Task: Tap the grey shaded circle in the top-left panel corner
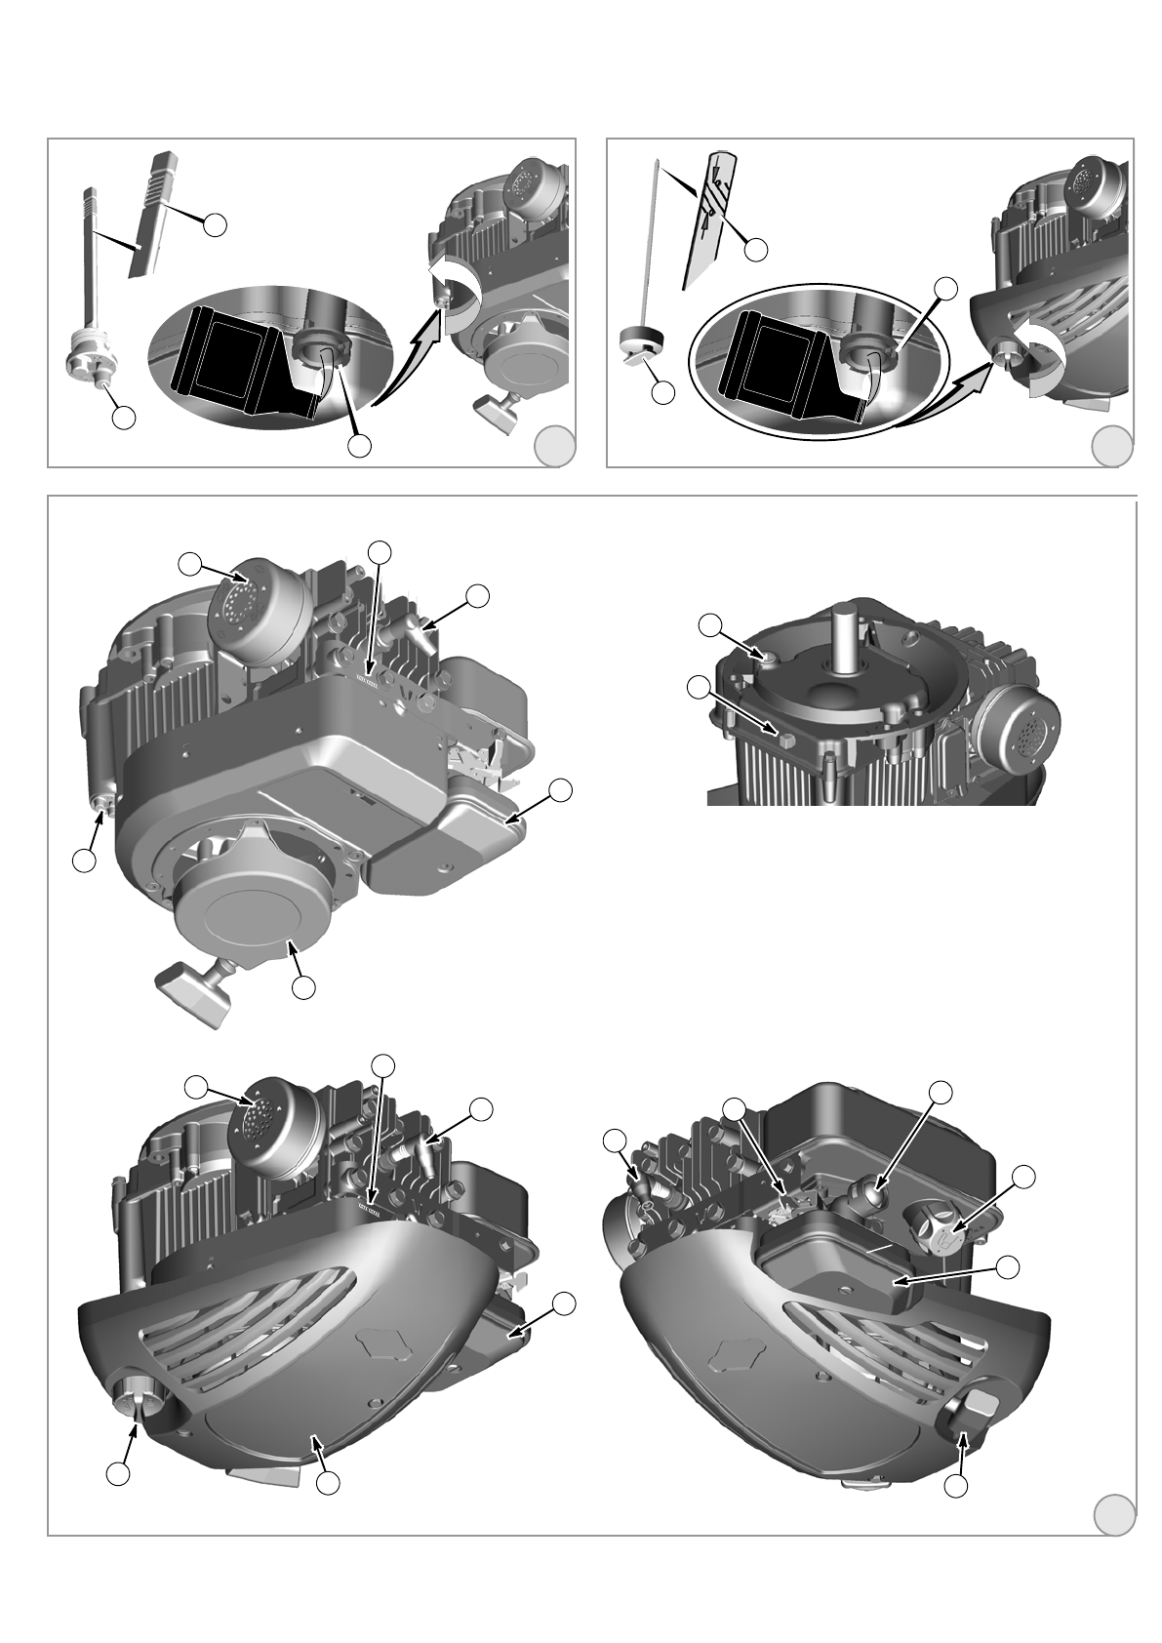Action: [x=554, y=446]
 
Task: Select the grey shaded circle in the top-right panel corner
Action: [x=1111, y=446]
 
